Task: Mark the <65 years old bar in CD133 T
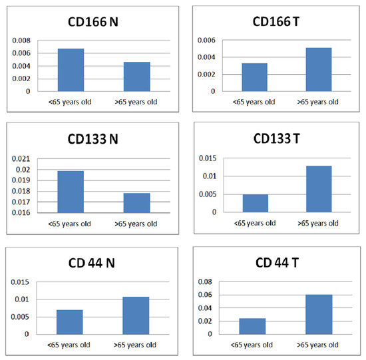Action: (255, 203)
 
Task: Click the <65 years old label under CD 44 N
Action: (71, 344)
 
